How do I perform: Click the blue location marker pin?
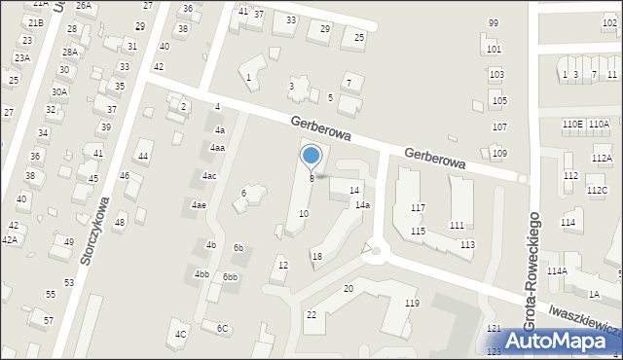311,155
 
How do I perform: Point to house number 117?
418,208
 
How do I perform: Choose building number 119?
412,304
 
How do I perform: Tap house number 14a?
362,205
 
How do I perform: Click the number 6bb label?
230,277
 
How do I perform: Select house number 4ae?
199,205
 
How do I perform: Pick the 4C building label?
180,335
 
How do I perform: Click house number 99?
494,22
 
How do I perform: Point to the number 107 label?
499,127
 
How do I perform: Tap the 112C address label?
597,191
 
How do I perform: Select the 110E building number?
572,124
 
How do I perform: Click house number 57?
49,320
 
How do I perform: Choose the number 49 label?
69,241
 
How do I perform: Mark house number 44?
143,157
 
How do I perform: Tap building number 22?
311,314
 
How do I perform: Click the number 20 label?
348,289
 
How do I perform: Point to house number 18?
316,256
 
